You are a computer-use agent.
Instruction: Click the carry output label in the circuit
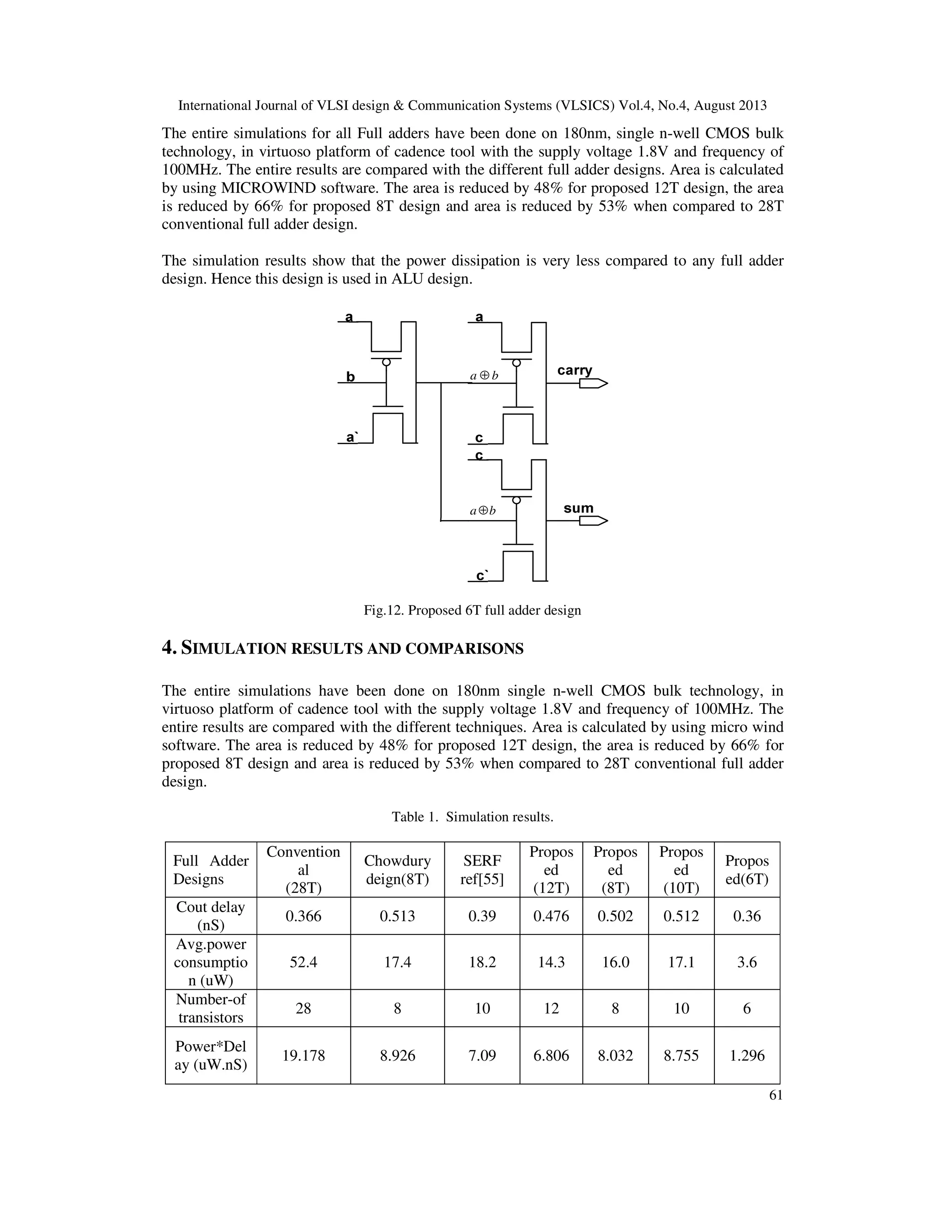point(574,371)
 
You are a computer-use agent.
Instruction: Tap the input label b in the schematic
point(351,377)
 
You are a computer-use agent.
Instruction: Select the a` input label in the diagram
point(351,437)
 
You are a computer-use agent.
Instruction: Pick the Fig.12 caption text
point(472,611)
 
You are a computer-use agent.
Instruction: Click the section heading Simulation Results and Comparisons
point(342,648)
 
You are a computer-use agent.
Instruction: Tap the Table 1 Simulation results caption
point(473,817)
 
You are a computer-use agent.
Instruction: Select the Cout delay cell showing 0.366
point(303,916)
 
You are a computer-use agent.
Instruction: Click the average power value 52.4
point(303,962)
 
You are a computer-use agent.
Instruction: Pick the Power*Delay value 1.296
point(747,1055)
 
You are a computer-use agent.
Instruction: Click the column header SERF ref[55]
point(482,870)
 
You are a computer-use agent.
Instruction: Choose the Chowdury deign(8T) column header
point(397,870)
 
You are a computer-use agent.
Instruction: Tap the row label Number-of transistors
point(211,1008)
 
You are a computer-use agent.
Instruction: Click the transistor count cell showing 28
point(303,1008)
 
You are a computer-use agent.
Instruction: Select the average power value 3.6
point(747,962)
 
